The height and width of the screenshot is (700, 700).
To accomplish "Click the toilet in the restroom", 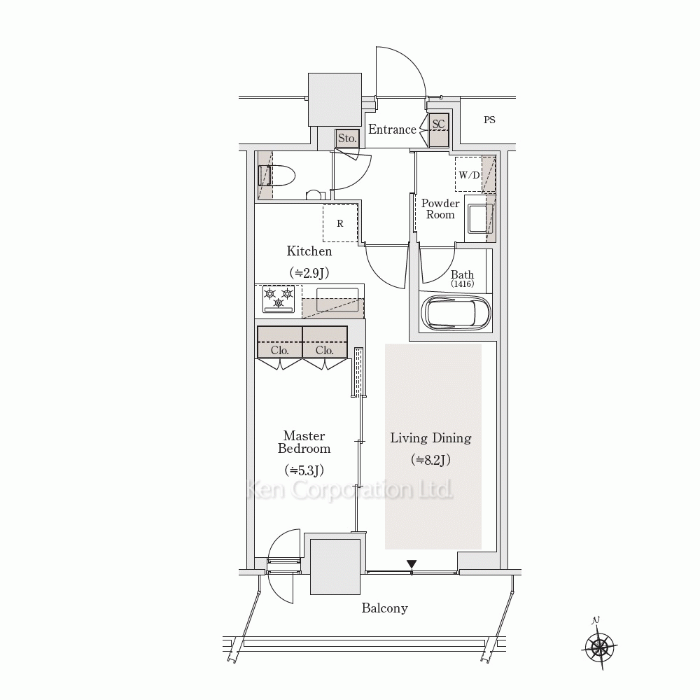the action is [276, 176].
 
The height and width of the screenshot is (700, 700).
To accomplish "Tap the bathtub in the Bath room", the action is [456, 312].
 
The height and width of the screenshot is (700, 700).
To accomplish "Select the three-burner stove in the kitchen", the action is [279, 299].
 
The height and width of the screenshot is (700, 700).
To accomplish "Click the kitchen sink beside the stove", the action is [337, 299].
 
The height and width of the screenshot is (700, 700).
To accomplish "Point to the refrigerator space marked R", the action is [340, 223].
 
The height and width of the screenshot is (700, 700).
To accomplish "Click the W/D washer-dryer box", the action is [469, 174].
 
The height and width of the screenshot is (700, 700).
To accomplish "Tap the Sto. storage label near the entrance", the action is [347, 139].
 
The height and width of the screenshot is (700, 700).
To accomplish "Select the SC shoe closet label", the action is [438, 124].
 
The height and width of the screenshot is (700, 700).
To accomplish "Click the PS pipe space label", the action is [489, 120].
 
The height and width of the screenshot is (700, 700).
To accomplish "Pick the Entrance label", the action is [392, 129].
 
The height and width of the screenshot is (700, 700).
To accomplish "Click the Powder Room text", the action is [440, 209].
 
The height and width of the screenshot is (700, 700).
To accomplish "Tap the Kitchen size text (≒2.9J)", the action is [309, 273].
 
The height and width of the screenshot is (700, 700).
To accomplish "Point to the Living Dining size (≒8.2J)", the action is [430, 459].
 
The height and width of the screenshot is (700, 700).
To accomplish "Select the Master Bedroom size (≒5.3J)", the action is [304, 470].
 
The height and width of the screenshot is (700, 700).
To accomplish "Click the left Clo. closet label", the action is [279, 351].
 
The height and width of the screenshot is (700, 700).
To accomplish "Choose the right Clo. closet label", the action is [325, 351].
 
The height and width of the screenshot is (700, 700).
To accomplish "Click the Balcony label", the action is [384, 608].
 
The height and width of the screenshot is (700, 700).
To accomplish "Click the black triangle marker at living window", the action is [412, 564].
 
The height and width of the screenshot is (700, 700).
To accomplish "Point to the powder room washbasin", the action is [480, 218].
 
